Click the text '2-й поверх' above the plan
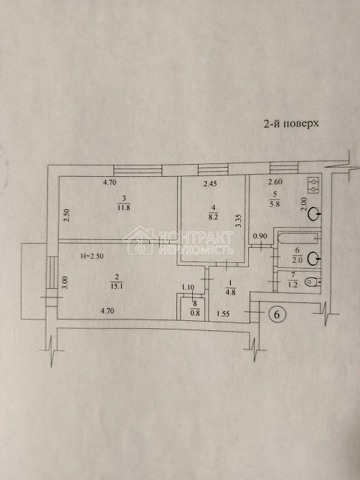coord(290,124)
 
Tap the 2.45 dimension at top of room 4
coord(209,185)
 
